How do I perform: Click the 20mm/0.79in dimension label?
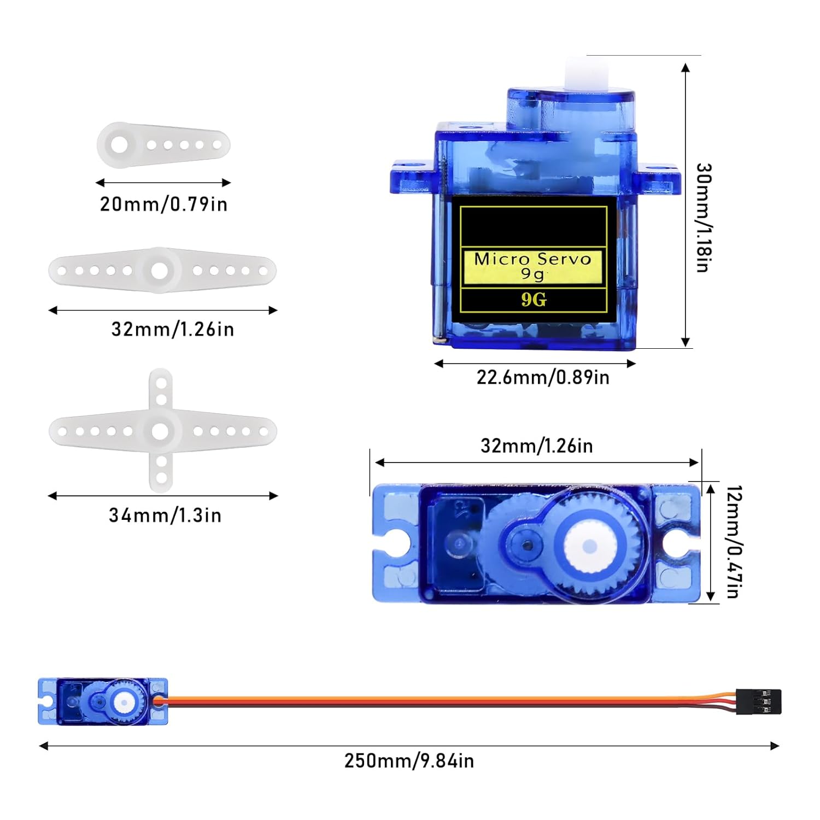pyautogui.click(x=163, y=204)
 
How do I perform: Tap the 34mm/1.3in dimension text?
pyautogui.click(x=165, y=515)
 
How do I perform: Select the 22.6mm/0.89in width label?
pyautogui.click(x=543, y=377)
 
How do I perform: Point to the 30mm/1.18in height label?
pyautogui.click(x=703, y=217)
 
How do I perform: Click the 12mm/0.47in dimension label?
pyautogui.click(x=734, y=542)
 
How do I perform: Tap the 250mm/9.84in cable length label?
pyautogui.click(x=409, y=760)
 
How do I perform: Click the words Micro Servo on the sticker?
pyautogui.click(x=533, y=259)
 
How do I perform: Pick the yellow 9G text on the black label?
pyautogui.click(x=534, y=300)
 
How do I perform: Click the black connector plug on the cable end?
pyautogui.click(x=759, y=701)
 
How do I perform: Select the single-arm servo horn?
pyautogui.click(x=163, y=145)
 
